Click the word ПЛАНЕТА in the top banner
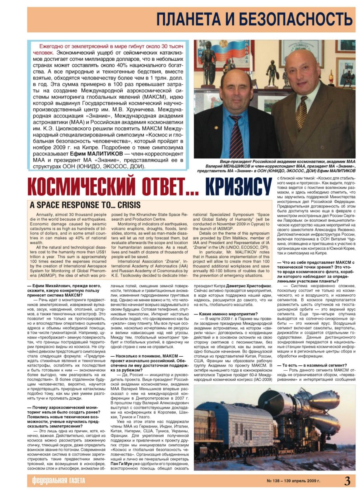pyautogui.click(x=189, y=19)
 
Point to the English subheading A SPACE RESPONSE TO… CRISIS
pyautogui.click(x=85, y=205)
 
